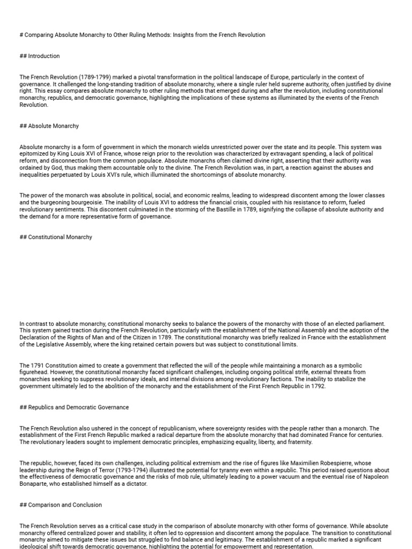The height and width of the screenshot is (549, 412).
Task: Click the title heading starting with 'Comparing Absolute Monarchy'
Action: tap(142, 35)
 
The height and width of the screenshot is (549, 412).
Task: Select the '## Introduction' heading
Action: tap(40, 56)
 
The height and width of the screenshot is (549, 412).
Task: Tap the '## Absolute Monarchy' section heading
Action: tap(49, 126)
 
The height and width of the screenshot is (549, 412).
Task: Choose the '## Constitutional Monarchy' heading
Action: tap(56, 237)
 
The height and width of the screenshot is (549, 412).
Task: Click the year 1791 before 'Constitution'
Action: tap(36, 366)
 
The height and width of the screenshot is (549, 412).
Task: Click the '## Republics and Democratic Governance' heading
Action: tap(74, 407)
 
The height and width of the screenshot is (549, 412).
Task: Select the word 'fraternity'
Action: tap(298, 442)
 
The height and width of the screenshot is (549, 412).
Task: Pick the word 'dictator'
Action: tap(135, 484)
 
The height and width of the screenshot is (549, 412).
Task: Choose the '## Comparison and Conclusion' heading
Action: tap(60, 505)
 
